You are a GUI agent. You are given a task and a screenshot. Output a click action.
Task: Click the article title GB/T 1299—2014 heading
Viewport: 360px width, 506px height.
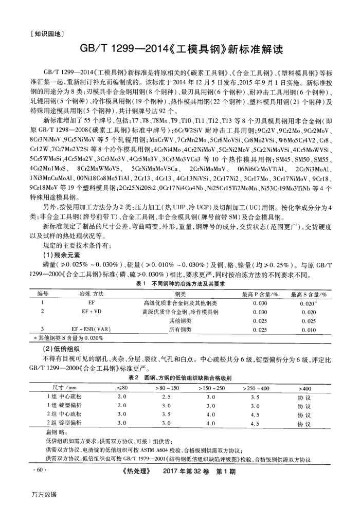pos(179,50)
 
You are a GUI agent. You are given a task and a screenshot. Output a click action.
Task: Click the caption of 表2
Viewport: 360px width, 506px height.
pos(179,378)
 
